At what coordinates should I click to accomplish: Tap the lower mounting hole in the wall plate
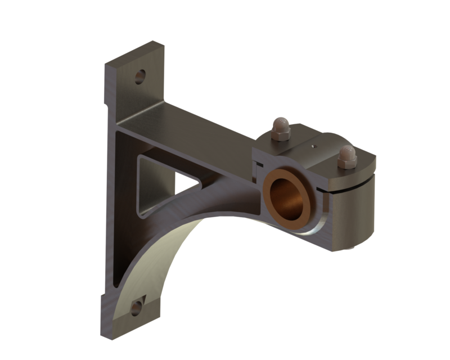(136, 308)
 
